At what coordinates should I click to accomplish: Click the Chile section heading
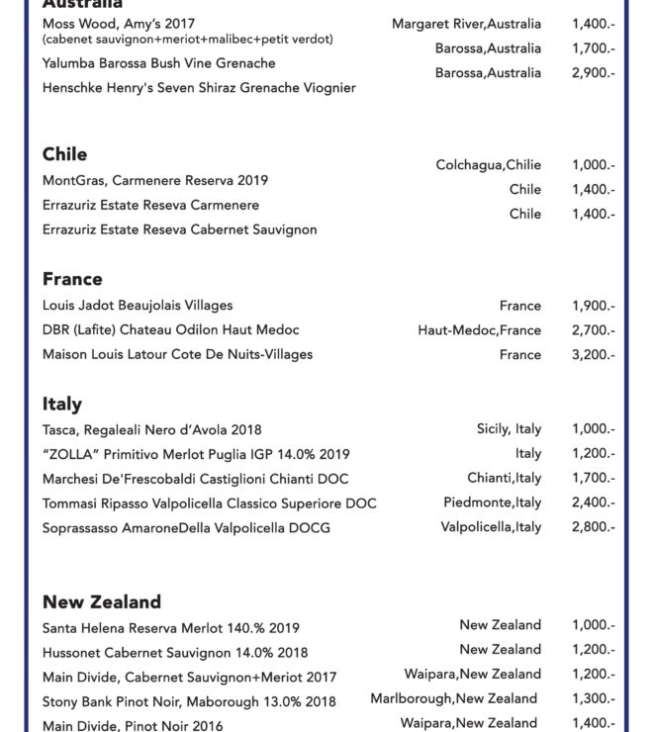pos(64,154)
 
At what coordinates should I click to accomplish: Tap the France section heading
pos(72,279)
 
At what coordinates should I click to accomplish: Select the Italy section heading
pos(61,404)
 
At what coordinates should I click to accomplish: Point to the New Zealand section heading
pos(101,601)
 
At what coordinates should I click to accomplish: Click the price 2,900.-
pos(593,73)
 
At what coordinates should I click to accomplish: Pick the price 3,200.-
pos(593,355)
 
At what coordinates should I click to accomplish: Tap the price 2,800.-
pos(593,527)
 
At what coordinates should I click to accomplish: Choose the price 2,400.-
pos(593,503)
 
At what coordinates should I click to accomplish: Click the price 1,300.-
pos(593,698)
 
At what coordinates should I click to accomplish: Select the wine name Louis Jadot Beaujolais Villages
pos(138,306)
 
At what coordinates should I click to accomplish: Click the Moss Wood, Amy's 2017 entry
pos(119,24)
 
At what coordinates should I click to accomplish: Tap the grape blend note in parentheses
pos(188,40)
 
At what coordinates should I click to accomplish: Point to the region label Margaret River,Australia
pos(466,24)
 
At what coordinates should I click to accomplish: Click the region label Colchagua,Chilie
pos(489,165)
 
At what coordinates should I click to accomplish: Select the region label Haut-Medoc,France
pos(479,330)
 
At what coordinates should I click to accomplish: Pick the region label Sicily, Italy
pos(509,428)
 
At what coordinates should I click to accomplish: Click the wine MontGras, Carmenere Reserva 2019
pos(155,181)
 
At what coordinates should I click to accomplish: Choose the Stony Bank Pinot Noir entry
pos(189,702)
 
